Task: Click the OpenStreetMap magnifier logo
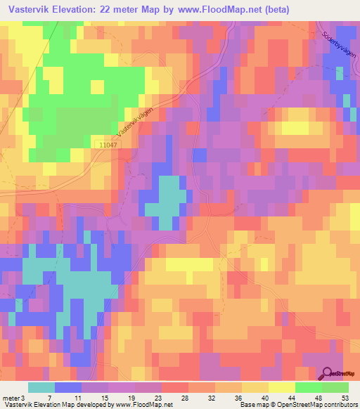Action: click(x=327, y=374)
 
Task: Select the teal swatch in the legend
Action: click(x=41, y=387)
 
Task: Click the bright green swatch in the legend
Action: click(x=309, y=387)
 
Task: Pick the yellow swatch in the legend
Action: click(x=282, y=387)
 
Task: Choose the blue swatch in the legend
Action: click(x=68, y=387)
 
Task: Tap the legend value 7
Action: click(x=49, y=397)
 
